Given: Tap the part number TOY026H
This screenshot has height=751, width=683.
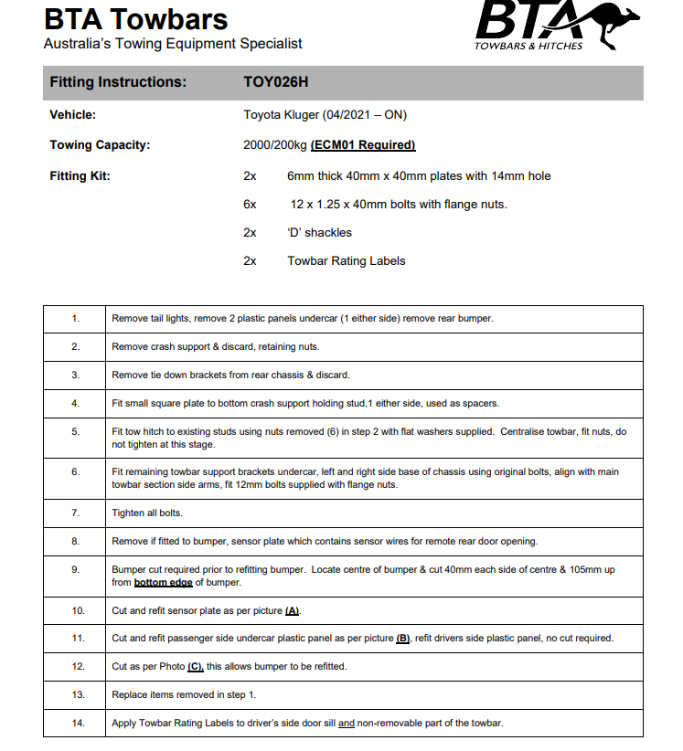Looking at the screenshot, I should click(276, 82).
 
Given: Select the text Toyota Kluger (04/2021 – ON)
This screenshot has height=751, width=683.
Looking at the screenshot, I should click(325, 115).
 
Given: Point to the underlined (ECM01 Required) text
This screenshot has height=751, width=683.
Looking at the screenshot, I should click(363, 145).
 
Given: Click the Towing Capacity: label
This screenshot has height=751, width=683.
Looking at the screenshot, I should click(100, 145).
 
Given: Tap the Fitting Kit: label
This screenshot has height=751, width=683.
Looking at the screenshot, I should click(80, 175).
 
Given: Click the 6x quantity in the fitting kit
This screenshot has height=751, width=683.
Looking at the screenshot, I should click(250, 205).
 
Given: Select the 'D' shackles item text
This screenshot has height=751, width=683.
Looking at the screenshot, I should click(319, 233).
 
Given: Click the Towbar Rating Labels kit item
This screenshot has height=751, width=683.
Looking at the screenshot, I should click(346, 261).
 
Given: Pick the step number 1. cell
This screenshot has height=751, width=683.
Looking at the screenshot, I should click(75, 319).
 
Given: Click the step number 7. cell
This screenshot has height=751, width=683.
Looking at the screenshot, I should click(75, 513).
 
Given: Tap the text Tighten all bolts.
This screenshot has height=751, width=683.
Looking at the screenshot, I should click(147, 513).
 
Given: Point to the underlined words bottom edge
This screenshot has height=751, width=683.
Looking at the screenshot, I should click(163, 582).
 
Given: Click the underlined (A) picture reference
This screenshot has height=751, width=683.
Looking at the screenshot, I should click(293, 610).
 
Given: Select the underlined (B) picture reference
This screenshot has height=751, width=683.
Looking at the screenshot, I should click(403, 639).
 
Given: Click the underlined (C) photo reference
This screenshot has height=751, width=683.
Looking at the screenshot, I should click(196, 667).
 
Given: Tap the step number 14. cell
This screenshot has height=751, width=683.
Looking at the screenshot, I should click(75, 724).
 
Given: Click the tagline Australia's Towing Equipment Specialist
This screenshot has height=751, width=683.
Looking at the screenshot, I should click(173, 44).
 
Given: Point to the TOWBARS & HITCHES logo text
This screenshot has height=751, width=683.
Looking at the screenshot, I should click(528, 46).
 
